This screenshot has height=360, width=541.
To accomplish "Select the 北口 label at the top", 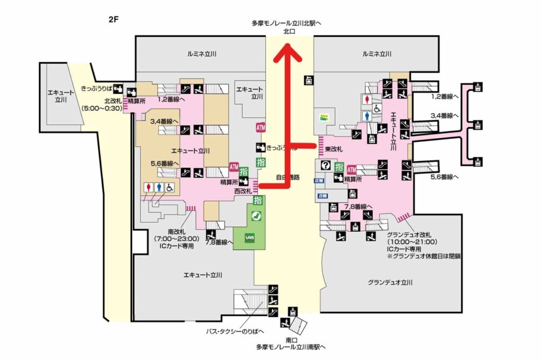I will click(x=289, y=32).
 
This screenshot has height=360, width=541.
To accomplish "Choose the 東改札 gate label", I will click(x=335, y=148).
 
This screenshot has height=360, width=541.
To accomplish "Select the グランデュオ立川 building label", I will click(x=390, y=282).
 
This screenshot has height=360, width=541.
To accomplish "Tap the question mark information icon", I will click(x=326, y=166).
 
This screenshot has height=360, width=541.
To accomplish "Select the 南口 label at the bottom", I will click(x=290, y=340).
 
